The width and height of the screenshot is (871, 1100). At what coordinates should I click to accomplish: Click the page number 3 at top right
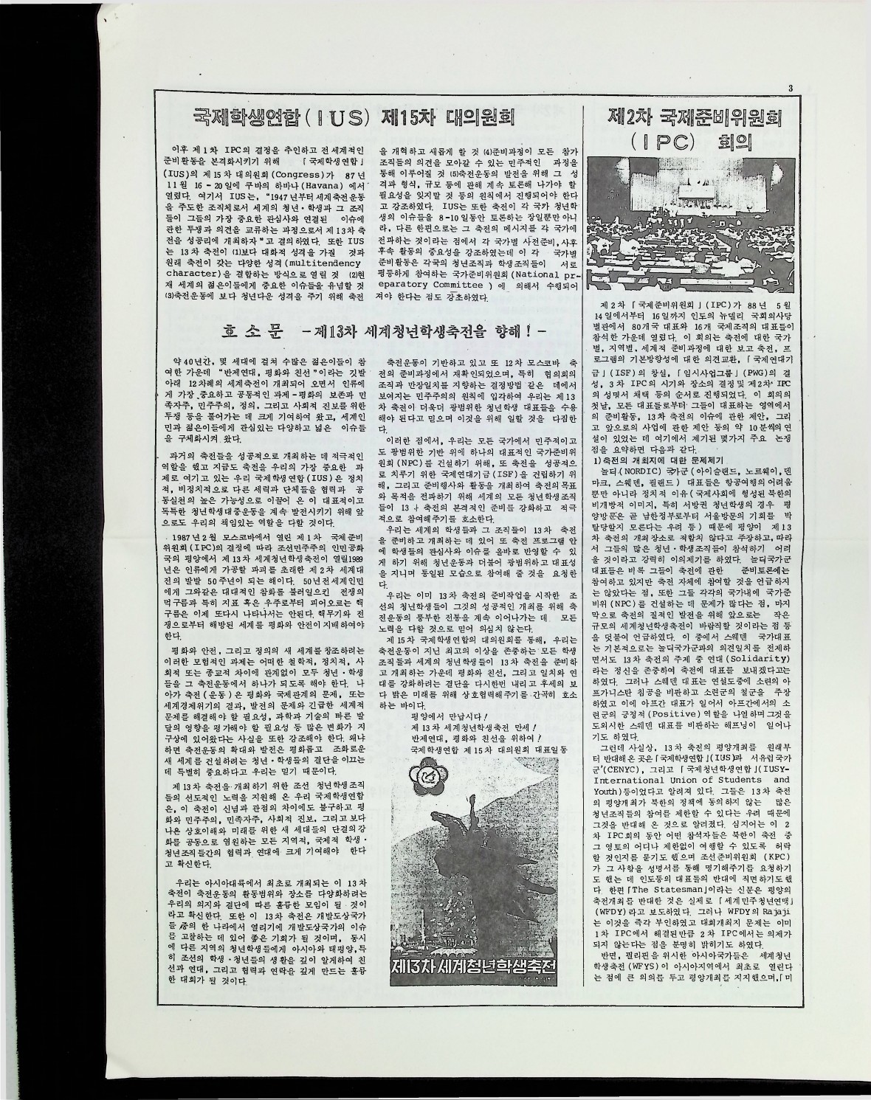(x=790, y=90)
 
